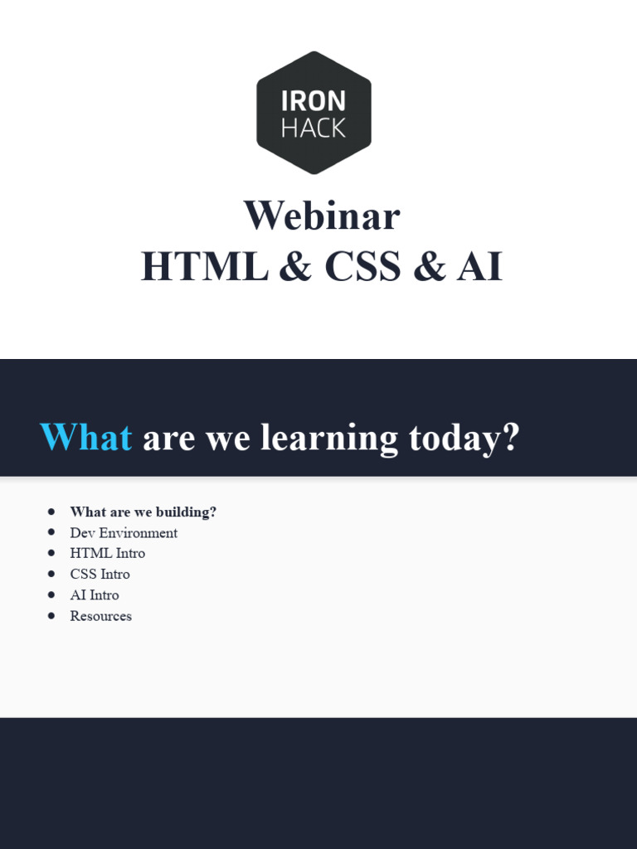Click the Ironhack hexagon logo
pyautogui.click(x=314, y=113)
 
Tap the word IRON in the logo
pyautogui.click(x=314, y=101)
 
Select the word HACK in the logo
pyautogui.click(x=314, y=129)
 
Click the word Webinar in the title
pyautogui.click(x=322, y=216)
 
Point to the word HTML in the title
pyautogui.click(x=204, y=267)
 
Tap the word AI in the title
pyautogui.click(x=479, y=267)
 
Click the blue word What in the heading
pyautogui.click(x=86, y=437)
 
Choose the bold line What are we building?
pyautogui.click(x=143, y=512)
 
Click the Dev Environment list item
pyautogui.click(x=124, y=532)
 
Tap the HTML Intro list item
pyautogui.click(x=107, y=553)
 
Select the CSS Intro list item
pyautogui.click(x=100, y=574)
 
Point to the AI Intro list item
pyautogui.click(x=94, y=594)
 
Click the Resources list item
pyautogui.click(x=100, y=616)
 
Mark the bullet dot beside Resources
pyautogui.click(x=52, y=616)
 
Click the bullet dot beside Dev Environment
pyautogui.click(x=52, y=532)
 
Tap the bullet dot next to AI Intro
pyautogui.click(x=52, y=594)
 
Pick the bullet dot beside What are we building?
pyautogui.click(x=52, y=512)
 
